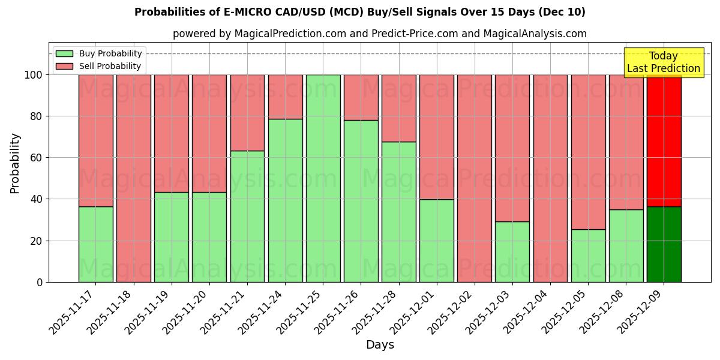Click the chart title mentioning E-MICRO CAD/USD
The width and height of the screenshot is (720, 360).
point(359,12)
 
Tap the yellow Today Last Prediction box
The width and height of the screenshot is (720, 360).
point(663,62)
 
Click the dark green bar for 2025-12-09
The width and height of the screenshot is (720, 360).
point(664,244)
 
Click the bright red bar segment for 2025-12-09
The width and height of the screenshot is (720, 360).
point(664,140)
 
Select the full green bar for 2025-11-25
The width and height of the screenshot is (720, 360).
point(323,178)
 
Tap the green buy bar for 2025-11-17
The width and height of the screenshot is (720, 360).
point(96,244)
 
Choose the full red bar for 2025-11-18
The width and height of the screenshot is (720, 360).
point(134,178)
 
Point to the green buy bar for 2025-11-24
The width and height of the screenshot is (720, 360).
point(285,200)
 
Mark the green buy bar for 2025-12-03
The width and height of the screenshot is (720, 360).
point(512,251)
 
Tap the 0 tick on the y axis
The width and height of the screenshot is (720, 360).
point(40,282)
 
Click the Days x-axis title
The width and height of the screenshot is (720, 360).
point(380,345)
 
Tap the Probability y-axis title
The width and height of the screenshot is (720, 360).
point(15,163)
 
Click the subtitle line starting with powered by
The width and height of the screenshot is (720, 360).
point(379,34)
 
